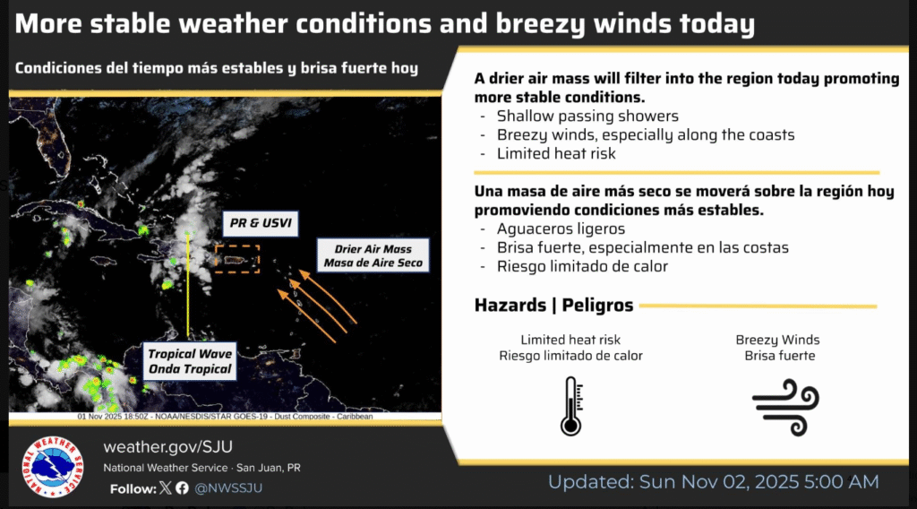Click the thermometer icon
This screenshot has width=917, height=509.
tap(570, 406)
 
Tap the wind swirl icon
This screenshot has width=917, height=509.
tap(785, 406)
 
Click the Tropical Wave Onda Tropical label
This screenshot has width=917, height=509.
tap(190, 361)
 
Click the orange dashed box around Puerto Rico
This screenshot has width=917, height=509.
tap(237, 259)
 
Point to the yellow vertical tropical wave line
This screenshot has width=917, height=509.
tap(187, 287)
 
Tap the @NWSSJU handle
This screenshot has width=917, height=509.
tap(228, 488)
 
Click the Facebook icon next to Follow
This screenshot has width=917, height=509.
tap(182, 488)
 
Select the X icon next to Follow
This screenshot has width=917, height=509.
tap(165, 488)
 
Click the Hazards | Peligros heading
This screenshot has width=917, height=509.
tap(553, 306)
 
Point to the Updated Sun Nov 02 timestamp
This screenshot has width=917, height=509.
tap(713, 482)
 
